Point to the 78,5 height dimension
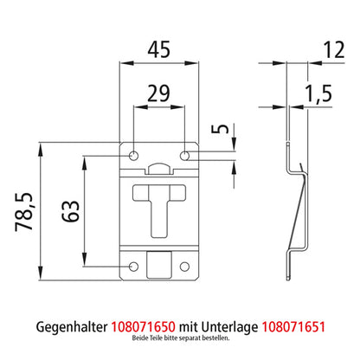[25, 212]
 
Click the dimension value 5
[222, 134]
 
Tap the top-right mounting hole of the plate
[186, 154]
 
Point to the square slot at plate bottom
[159, 262]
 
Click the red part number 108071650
[142, 328]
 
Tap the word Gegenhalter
[73, 328]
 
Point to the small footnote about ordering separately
[180, 344]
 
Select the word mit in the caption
[189, 328]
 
